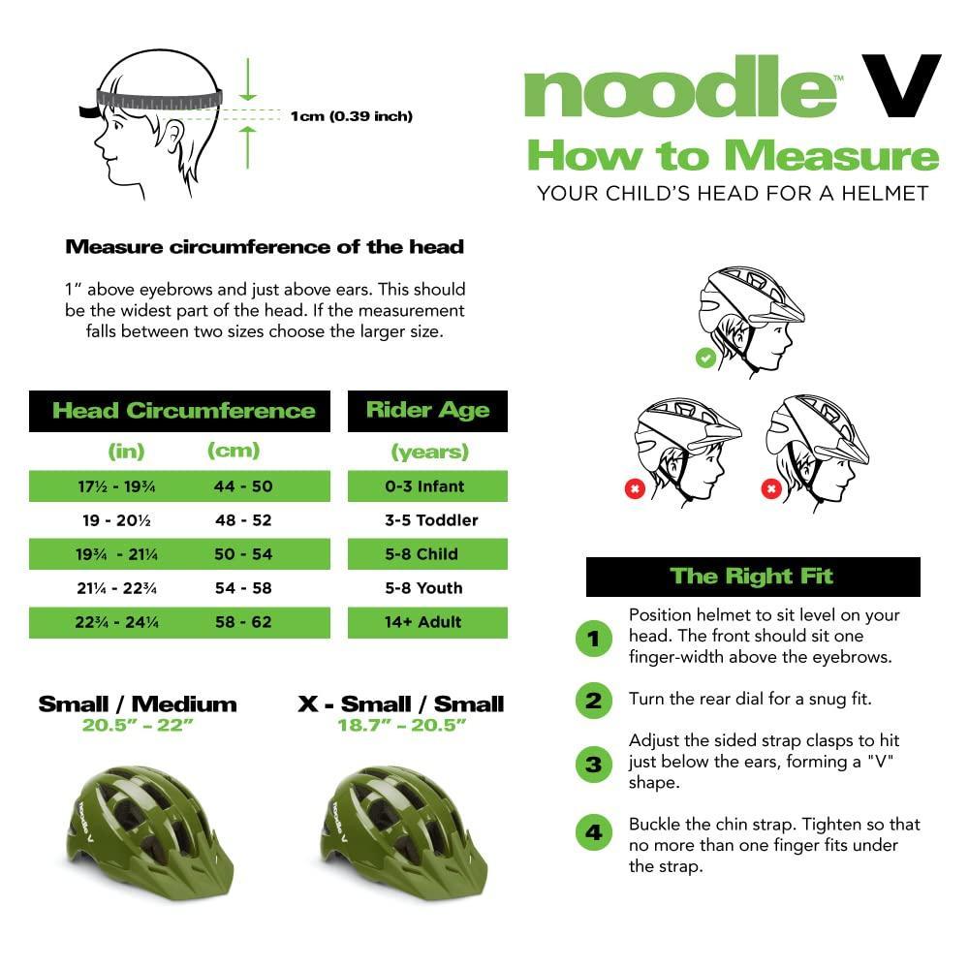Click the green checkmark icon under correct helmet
click(x=705, y=359)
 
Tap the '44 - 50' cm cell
click(x=243, y=486)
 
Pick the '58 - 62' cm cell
click(x=243, y=622)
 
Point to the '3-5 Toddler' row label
click(x=431, y=520)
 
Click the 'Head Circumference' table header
click(x=183, y=410)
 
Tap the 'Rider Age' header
click(x=427, y=410)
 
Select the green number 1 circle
click(x=594, y=639)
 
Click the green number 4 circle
click(x=594, y=832)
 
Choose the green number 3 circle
click(x=594, y=765)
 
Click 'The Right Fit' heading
click(x=752, y=577)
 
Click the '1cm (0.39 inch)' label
click(x=351, y=116)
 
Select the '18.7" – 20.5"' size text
click(x=400, y=725)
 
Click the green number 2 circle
click(x=594, y=700)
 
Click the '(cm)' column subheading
click(x=234, y=451)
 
